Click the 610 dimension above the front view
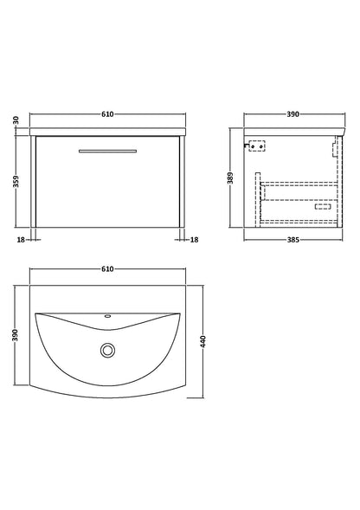pos(107,114)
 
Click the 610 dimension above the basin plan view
pos(107,269)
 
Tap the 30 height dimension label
pos(16,120)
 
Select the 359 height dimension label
pos(16,182)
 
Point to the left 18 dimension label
pos(21,240)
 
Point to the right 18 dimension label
pos(194,240)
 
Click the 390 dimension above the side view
pos(293,114)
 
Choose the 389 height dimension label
pos(230,178)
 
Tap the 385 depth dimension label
pos(293,240)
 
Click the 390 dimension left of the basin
pos(16,335)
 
